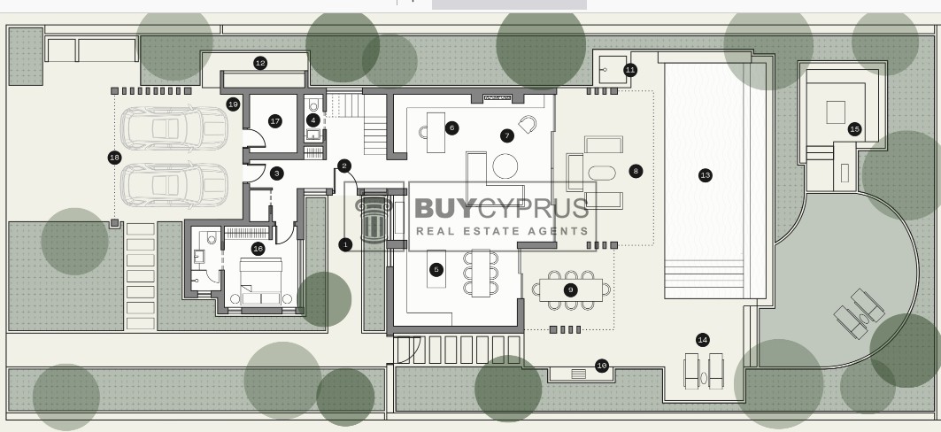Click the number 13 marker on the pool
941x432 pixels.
(x=706, y=176)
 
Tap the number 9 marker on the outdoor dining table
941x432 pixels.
(x=571, y=290)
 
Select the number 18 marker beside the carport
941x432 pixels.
(x=114, y=158)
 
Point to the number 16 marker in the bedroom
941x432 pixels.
(x=258, y=249)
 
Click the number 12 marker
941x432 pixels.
(x=260, y=63)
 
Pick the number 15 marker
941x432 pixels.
(x=854, y=129)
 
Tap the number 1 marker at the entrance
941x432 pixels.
(x=345, y=244)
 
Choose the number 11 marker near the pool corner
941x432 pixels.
(x=630, y=70)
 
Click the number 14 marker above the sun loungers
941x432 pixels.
(x=703, y=340)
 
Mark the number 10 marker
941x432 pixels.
(x=602, y=366)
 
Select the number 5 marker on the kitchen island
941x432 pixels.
(x=436, y=270)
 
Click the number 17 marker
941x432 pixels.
(x=274, y=121)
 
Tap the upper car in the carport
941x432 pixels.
(x=174, y=127)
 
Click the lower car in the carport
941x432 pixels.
(x=174, y=184)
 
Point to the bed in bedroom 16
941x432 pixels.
(x=261, y=282)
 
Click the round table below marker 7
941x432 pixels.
(x=505, y=166)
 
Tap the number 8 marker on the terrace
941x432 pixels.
(x=636, y=172)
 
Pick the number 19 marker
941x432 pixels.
(x=234, y=104)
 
